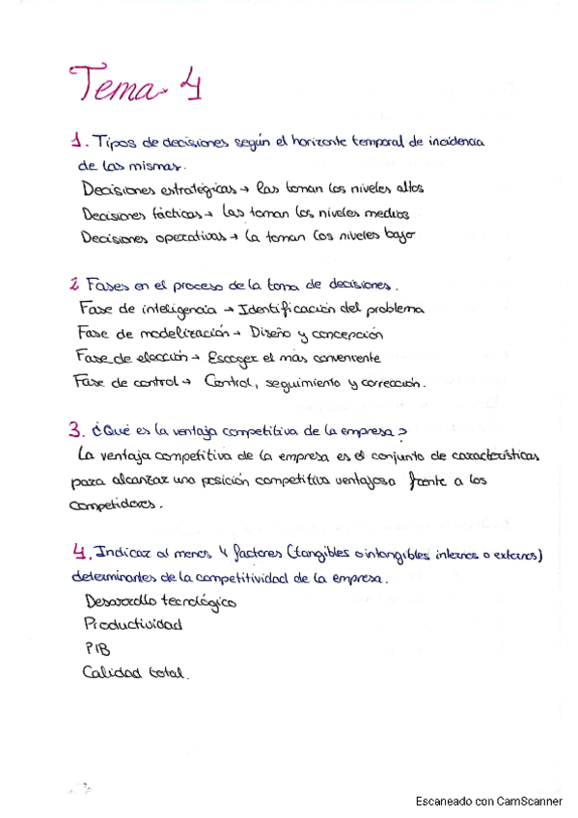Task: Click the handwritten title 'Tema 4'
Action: coord(134,84)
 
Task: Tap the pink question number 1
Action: coord(75,142)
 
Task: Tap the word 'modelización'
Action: coord(172,334)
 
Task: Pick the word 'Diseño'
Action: coord(271,334)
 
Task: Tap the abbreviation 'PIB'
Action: coord(96,649)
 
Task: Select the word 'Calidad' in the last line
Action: coord(112,673)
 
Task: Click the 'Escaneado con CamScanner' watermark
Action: coord(488,802)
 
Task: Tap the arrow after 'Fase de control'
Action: coord(186,382)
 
